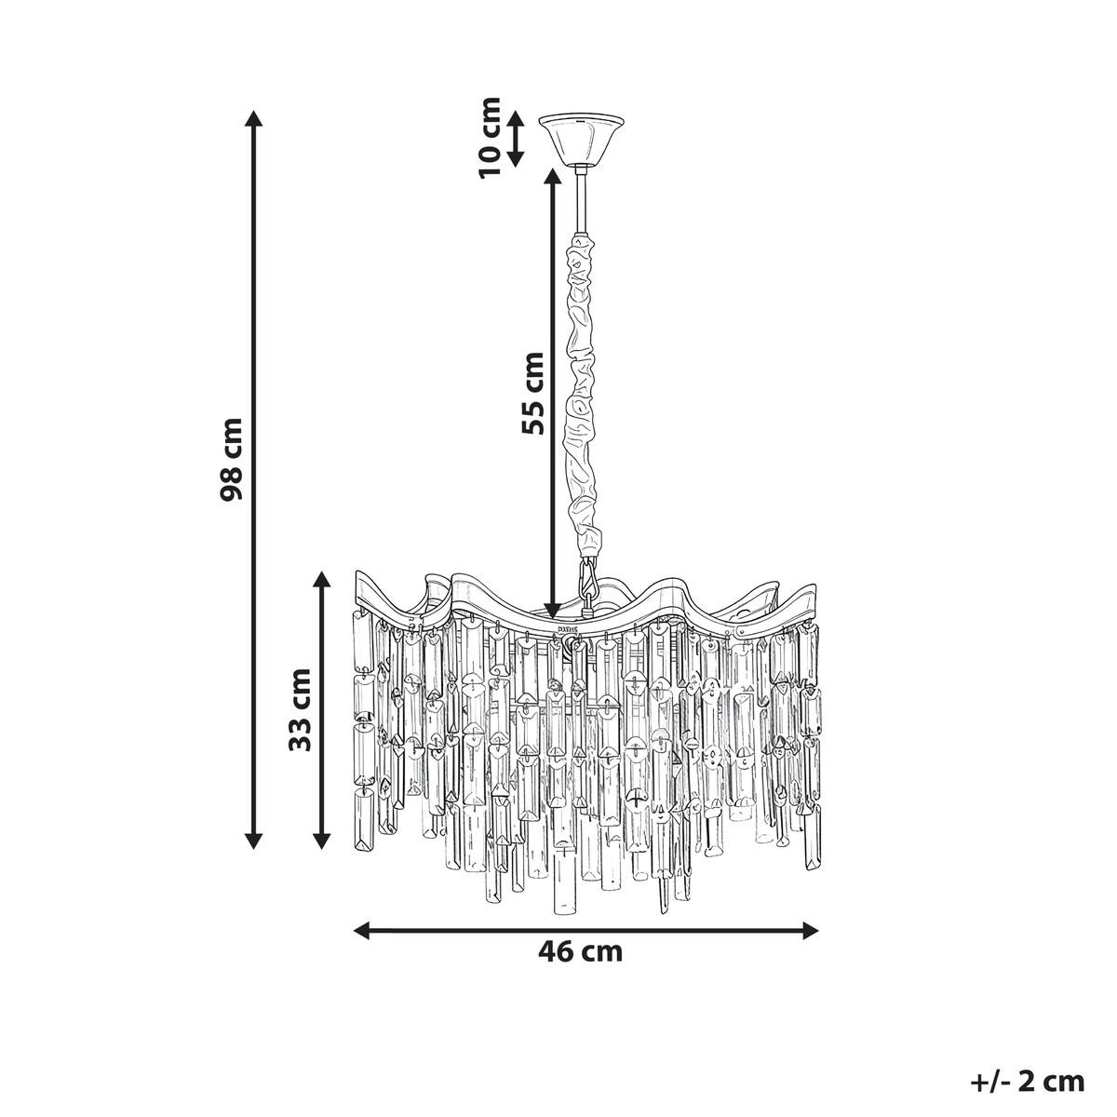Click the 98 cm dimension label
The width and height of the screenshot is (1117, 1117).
[232, 459]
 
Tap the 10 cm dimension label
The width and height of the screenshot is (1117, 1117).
[490, 138]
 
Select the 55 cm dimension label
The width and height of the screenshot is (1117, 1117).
[532, 393]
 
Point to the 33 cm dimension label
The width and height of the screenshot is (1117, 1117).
[301, 709]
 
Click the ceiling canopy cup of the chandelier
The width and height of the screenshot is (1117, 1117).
[582, 140]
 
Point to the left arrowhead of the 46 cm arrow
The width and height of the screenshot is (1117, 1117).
[362, 932]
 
